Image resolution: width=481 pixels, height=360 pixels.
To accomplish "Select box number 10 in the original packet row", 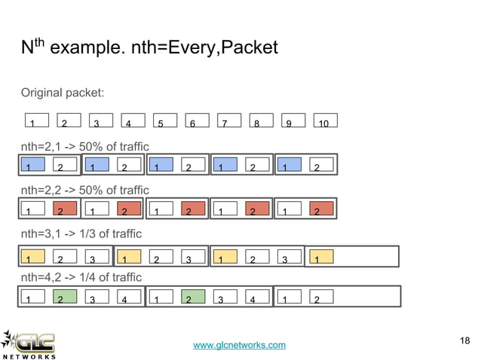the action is pos(324,121).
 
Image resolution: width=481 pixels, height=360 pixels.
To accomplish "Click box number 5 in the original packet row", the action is pos(164,121).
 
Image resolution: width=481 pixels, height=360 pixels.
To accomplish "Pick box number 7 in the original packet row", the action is pos(228,121).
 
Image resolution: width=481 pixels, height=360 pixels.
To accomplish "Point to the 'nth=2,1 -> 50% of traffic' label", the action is pos(84,145).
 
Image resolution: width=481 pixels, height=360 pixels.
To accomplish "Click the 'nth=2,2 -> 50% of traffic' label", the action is pos(84,189).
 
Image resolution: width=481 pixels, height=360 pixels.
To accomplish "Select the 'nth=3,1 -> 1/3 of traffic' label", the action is pos(81,233).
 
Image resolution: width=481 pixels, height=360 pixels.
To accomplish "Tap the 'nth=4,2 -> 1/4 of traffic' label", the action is pos(81,276).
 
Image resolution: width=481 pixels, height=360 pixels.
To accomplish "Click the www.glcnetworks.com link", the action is pos(240,345).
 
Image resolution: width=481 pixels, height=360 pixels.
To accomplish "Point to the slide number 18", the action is pos(464,343).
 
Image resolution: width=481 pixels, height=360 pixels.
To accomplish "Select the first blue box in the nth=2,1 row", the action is pos(33,164).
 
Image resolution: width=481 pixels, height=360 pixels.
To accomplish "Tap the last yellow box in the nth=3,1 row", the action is pos(323,256).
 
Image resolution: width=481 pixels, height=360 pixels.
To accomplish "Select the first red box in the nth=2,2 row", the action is pos(65,209).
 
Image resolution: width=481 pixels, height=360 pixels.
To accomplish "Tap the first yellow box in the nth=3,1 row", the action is pos(33,256).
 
